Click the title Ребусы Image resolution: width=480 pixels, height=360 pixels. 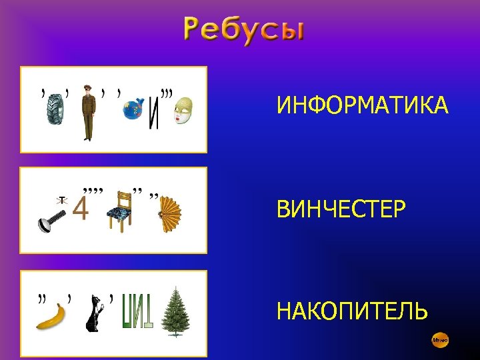(244, 31)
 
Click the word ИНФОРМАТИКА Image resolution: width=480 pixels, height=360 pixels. (363, 105)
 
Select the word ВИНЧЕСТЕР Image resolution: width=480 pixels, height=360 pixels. (341, 209)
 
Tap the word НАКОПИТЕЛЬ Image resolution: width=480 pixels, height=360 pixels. (352, 311)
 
